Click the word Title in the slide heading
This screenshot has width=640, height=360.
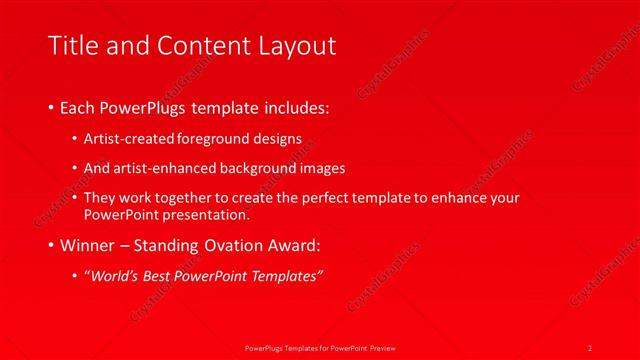(76, 45)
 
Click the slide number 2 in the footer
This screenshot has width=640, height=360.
(590, 346)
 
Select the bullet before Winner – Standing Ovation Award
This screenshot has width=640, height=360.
(52, 246)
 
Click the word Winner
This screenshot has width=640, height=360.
(87, 246)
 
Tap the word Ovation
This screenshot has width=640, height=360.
(227, 246)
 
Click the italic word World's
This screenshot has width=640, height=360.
(114, 276)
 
